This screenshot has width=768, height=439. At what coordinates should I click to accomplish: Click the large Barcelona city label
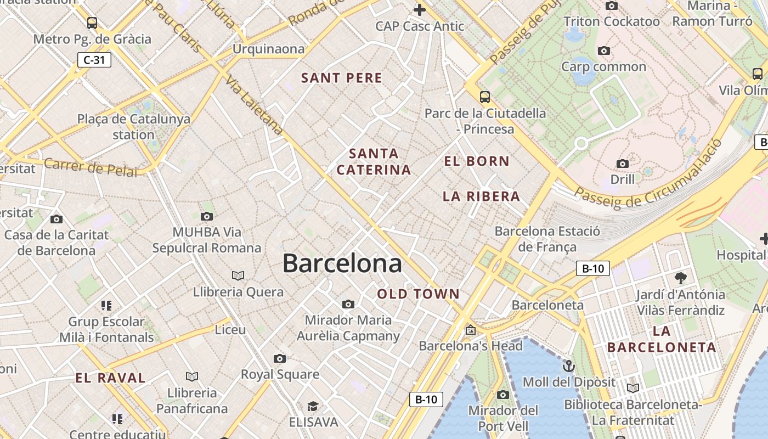pyautogui.click(x=342, y=264)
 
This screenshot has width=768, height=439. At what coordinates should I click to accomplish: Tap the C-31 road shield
pyautogui.click(x=94, y=60)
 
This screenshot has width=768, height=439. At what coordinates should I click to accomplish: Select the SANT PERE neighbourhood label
pyautogui.click(x=342, y=78)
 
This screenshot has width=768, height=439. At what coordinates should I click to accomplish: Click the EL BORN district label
pyautogui.click(x=477, y=161)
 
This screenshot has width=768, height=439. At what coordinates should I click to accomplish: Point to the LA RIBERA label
pyautogui.click(x=481, y=196)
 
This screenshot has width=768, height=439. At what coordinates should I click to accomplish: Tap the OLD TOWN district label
pyautogui.click(x=419, y=294)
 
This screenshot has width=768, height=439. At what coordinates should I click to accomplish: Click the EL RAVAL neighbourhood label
pyautogui.click(x=110, y=378)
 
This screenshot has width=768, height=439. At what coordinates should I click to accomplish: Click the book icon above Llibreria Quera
pyautogui.click(x=238, y=275)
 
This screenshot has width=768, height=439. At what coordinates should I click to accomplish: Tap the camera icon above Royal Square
pyautogui.click(x=280, y=359)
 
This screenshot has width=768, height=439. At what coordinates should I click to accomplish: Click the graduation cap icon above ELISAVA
pyautogui.click(x=313, y=406)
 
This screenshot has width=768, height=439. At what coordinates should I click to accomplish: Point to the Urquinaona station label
pyautogui.click(x=268, y=49)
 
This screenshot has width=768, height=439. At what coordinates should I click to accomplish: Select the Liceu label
pyautogui.click(x=230, y=330)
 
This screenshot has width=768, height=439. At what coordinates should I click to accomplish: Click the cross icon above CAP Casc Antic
pyautogui.click(x=420, y=9)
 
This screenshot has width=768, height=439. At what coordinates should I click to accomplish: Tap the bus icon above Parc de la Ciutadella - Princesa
pyautogui.click(x=484, y=97)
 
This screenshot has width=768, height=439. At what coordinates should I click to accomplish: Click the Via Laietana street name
pyautogui.click(x=253, y=105)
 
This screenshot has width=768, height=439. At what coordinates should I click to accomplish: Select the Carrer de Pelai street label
pyautogui.click(x=91, y=167)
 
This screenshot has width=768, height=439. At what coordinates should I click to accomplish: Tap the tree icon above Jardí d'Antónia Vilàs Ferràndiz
pyautogui.click(x=680, y=278)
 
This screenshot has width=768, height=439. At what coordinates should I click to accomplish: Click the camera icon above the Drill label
pyautogui.click(x=622, y=164)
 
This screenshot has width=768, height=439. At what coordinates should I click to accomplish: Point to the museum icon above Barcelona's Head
pyautogui.click(x=470, y=330)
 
